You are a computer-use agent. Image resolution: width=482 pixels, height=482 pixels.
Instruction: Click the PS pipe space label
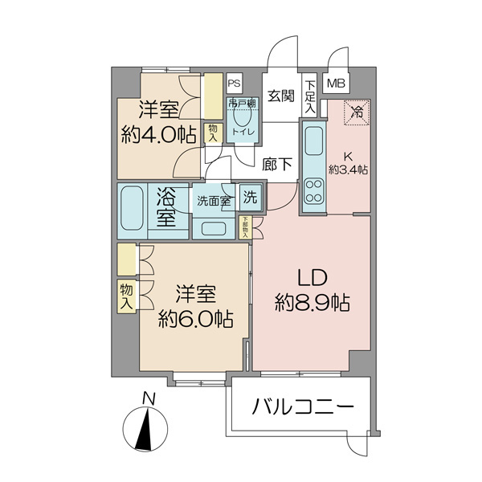(x=234, y=83)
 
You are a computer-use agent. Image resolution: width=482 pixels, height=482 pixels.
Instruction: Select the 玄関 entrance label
(x=280, y=97)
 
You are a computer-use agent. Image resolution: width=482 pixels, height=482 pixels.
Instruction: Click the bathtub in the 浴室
(x=133, y=211)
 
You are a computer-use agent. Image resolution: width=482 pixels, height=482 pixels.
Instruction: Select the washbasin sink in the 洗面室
(x=214, y=227)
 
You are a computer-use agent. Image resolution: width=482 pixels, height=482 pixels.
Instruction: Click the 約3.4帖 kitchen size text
(x=349, y=170)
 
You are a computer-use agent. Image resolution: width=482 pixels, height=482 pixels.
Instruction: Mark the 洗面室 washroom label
(x=214, y=200)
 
